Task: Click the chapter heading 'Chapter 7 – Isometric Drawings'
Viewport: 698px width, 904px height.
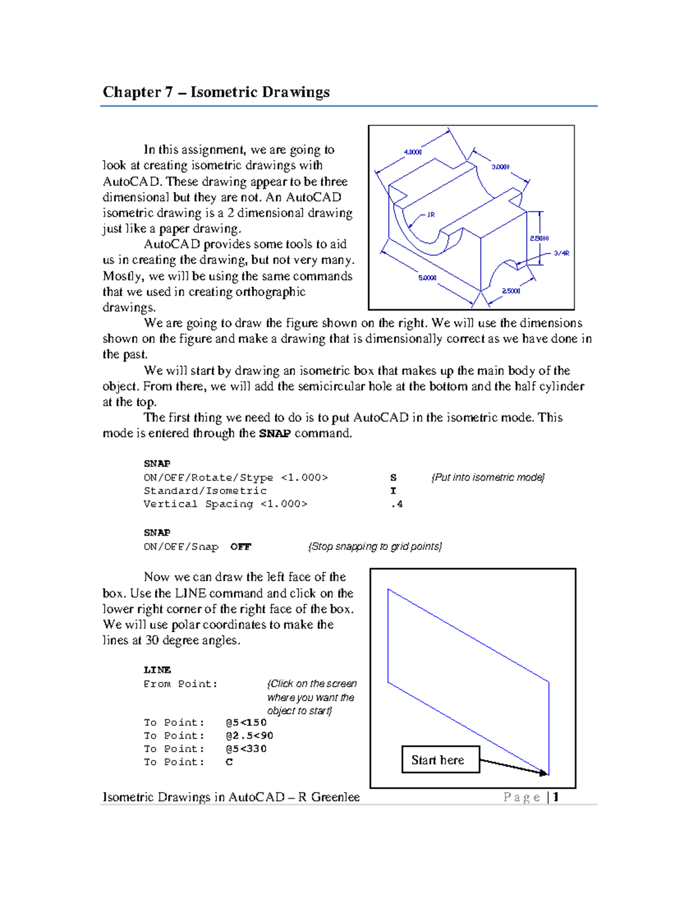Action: (x=216, y=92)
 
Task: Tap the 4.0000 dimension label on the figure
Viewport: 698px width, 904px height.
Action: (x=412, y=152)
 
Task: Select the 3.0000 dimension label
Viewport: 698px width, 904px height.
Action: (x=500, y=166)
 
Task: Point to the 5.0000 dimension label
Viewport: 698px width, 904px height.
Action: (x=427, y=278)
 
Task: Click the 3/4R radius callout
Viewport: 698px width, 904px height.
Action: (x=561, y=253)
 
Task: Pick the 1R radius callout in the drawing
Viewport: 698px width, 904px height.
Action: (x=431, y=215)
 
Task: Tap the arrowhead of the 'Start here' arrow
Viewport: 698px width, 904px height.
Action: (x=544, y=773)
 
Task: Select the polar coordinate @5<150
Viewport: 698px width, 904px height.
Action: (x=246, y=722)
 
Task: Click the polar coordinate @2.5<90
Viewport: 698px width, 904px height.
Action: (x=250, y=736)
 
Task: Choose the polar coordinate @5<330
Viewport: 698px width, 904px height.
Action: (x=246, y=749)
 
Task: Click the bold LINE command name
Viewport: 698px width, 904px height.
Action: (x=157, y=670)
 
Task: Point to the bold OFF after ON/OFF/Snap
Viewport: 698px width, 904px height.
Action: (x=240, y=547)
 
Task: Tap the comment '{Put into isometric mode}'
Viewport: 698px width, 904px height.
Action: (x=487, y=477)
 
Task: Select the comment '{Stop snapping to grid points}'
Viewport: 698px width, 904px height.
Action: (x=375, y=547)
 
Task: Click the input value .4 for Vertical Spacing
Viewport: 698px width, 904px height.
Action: (x=397, y=504)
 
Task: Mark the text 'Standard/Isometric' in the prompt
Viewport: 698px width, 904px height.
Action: (x=205, y=491)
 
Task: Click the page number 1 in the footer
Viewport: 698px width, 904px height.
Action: (x=556, y=797)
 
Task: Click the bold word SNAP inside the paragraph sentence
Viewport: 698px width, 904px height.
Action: (x=275, y=434)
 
